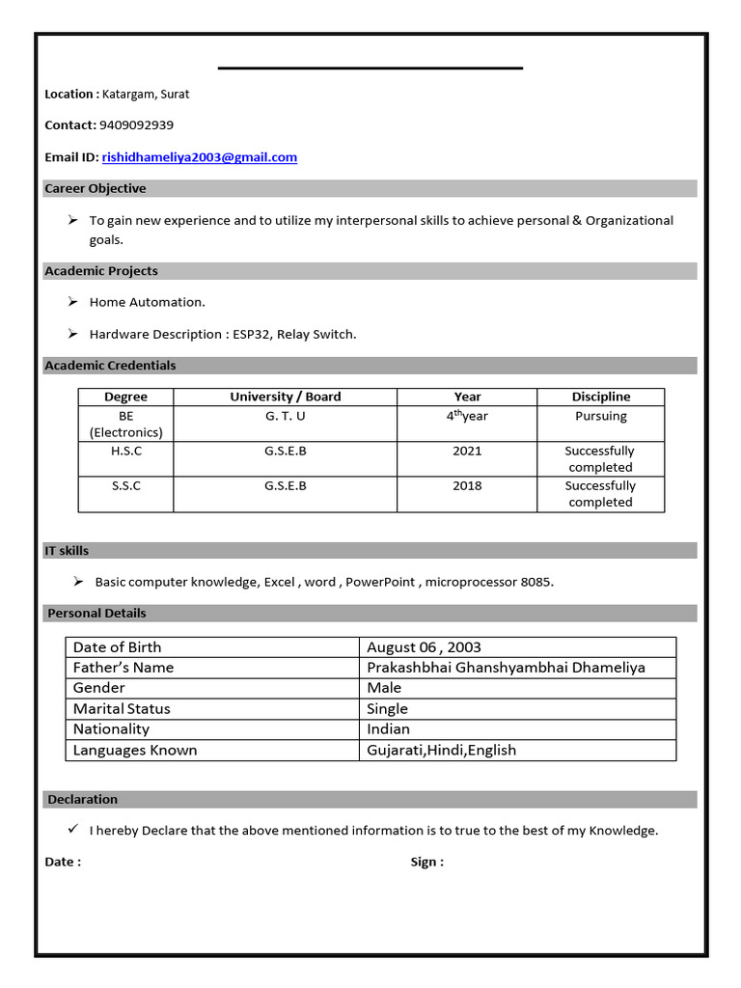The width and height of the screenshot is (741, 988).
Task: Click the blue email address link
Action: [x=200, y=156]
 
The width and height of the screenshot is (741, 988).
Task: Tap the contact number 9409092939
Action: [x=136, y=124]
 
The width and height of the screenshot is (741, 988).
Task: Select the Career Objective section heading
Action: [x=96, y=188]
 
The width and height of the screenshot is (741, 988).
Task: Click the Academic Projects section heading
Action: [x=101, y=271]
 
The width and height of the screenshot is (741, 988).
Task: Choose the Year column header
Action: [x=467, y=397]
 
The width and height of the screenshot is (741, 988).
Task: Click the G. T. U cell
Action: [x=286, y=416]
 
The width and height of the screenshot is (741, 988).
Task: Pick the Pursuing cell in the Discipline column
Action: [x=600, y=416]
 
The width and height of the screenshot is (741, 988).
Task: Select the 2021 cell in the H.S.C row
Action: [x=467, y=451]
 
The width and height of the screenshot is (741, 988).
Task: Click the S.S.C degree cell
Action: [x=125, y=485]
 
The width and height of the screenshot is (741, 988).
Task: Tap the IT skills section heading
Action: [x=67, y=550]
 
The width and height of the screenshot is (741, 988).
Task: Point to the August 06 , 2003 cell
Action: [x=424, y=646]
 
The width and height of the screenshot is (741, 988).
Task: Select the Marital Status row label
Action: [x=122, y=708]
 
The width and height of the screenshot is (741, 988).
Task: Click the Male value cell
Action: [x=384, y=688]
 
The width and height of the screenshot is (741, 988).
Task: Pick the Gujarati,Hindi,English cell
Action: [x=441, y=750]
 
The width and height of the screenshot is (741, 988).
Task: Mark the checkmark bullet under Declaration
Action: [x=73, y=829]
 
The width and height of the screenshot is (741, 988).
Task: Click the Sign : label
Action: [x=426, y=862]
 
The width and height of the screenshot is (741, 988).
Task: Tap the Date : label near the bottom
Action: [x=63, y=862]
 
